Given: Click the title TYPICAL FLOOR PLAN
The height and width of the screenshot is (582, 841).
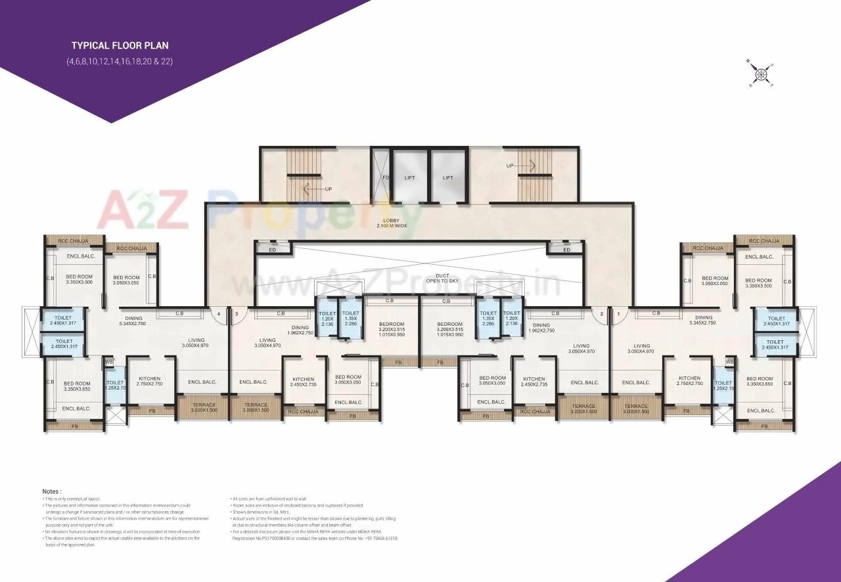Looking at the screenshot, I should coord(120,45).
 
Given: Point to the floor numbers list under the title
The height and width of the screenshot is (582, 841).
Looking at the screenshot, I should coord(119,61).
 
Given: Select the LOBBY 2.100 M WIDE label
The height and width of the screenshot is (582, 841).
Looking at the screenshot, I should coord(392,223).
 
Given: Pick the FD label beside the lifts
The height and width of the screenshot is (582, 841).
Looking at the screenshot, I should coord(386,177).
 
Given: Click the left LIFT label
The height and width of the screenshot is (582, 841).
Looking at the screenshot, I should coord(409,177).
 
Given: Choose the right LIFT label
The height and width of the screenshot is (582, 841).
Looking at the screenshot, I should coord(447,177).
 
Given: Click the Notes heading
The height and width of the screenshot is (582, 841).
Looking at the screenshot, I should coord(52,491).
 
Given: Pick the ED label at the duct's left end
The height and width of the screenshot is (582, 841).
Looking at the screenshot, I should coord(273,250).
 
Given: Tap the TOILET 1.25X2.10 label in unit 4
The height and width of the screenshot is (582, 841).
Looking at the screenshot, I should coord(115,385).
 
